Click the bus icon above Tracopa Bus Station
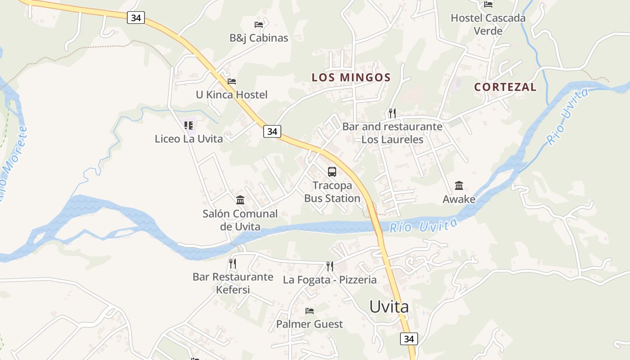[332, 171]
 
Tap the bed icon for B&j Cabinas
[259, 25]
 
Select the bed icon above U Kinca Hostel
[232, 81]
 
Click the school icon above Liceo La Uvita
[189, 126]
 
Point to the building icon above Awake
[459, 185]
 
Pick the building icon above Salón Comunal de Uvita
[240, 200]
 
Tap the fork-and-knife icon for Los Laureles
[392, 113]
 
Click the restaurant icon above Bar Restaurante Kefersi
[233, 263]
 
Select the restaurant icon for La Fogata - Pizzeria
[330, 266]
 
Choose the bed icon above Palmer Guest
[310, 311]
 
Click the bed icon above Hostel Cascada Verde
[488, 4]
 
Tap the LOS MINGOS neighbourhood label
[351, 77]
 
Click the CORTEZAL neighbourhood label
[505, 87]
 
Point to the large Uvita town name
[389, 307]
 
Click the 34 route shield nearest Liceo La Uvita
[272, 131]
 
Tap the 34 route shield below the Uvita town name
[409, 339]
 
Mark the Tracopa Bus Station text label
[332, 192]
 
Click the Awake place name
[459, 199]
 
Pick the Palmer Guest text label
[310, 324]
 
